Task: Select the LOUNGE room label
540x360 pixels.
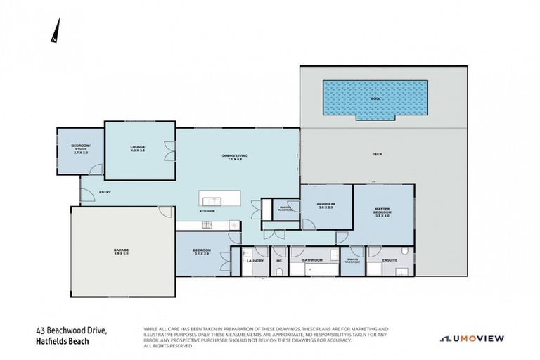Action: [x=138, y=148]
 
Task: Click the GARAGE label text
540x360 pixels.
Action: [x=122, y=251]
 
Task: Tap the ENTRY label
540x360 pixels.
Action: [x=105, y=192]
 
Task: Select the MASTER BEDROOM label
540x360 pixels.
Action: [x=382, y=212]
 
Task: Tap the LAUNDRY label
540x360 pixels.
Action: [x=255, y=261]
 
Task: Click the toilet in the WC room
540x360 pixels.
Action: [x=279, y=270]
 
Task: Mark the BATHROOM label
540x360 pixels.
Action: [x=312, y=259]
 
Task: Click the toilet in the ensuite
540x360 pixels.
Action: [x=406, y=252]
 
